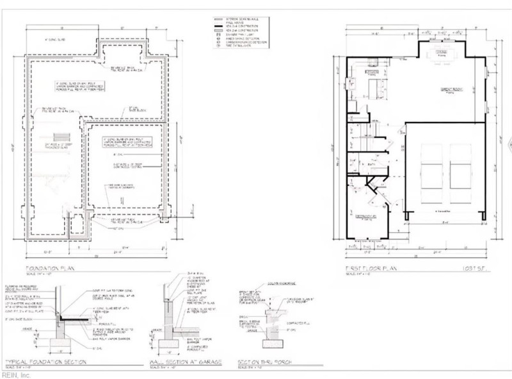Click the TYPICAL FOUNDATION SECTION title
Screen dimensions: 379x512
(45, 361)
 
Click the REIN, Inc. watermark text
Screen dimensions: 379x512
(17, 375)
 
